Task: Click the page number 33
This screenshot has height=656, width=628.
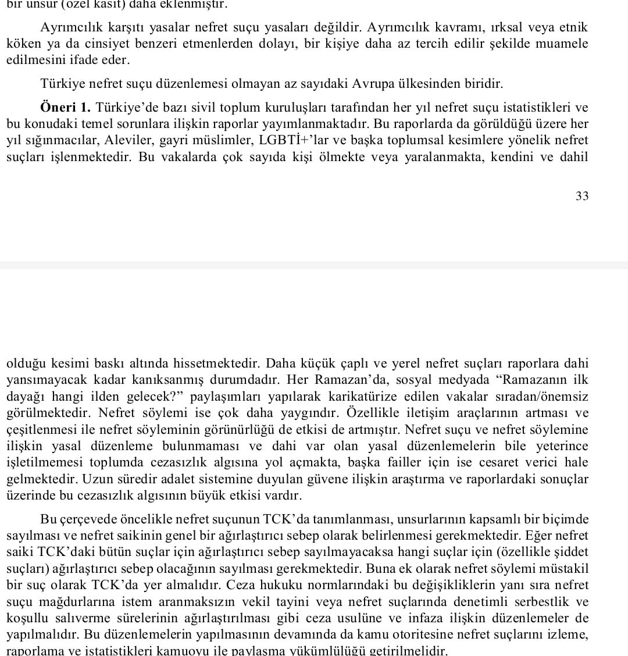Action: point(582,197)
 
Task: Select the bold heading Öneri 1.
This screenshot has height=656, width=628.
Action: point(65,108)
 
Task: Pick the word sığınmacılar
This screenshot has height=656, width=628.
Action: point(55,140)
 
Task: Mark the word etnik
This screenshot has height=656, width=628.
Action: point(574,28)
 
